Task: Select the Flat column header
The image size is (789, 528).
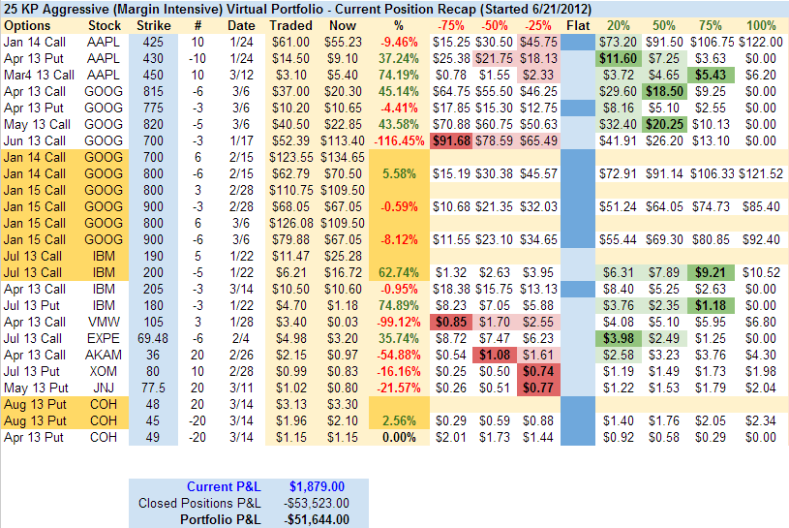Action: [577, 23]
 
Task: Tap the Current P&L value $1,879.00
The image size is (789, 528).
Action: [318, 486]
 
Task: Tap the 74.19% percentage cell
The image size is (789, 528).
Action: [399, 75]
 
